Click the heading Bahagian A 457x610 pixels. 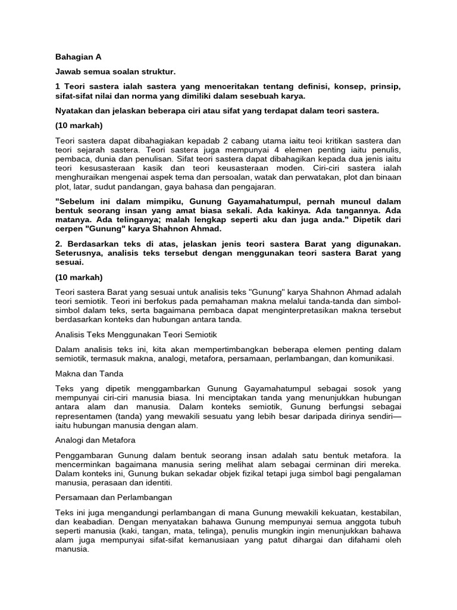tap(78, 57)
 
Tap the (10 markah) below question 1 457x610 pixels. tap(79, 126)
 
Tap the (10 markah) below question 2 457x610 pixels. tap(79, 277)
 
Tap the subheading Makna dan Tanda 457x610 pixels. tap(89, 374)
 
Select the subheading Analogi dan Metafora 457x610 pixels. tap(95, 440)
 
